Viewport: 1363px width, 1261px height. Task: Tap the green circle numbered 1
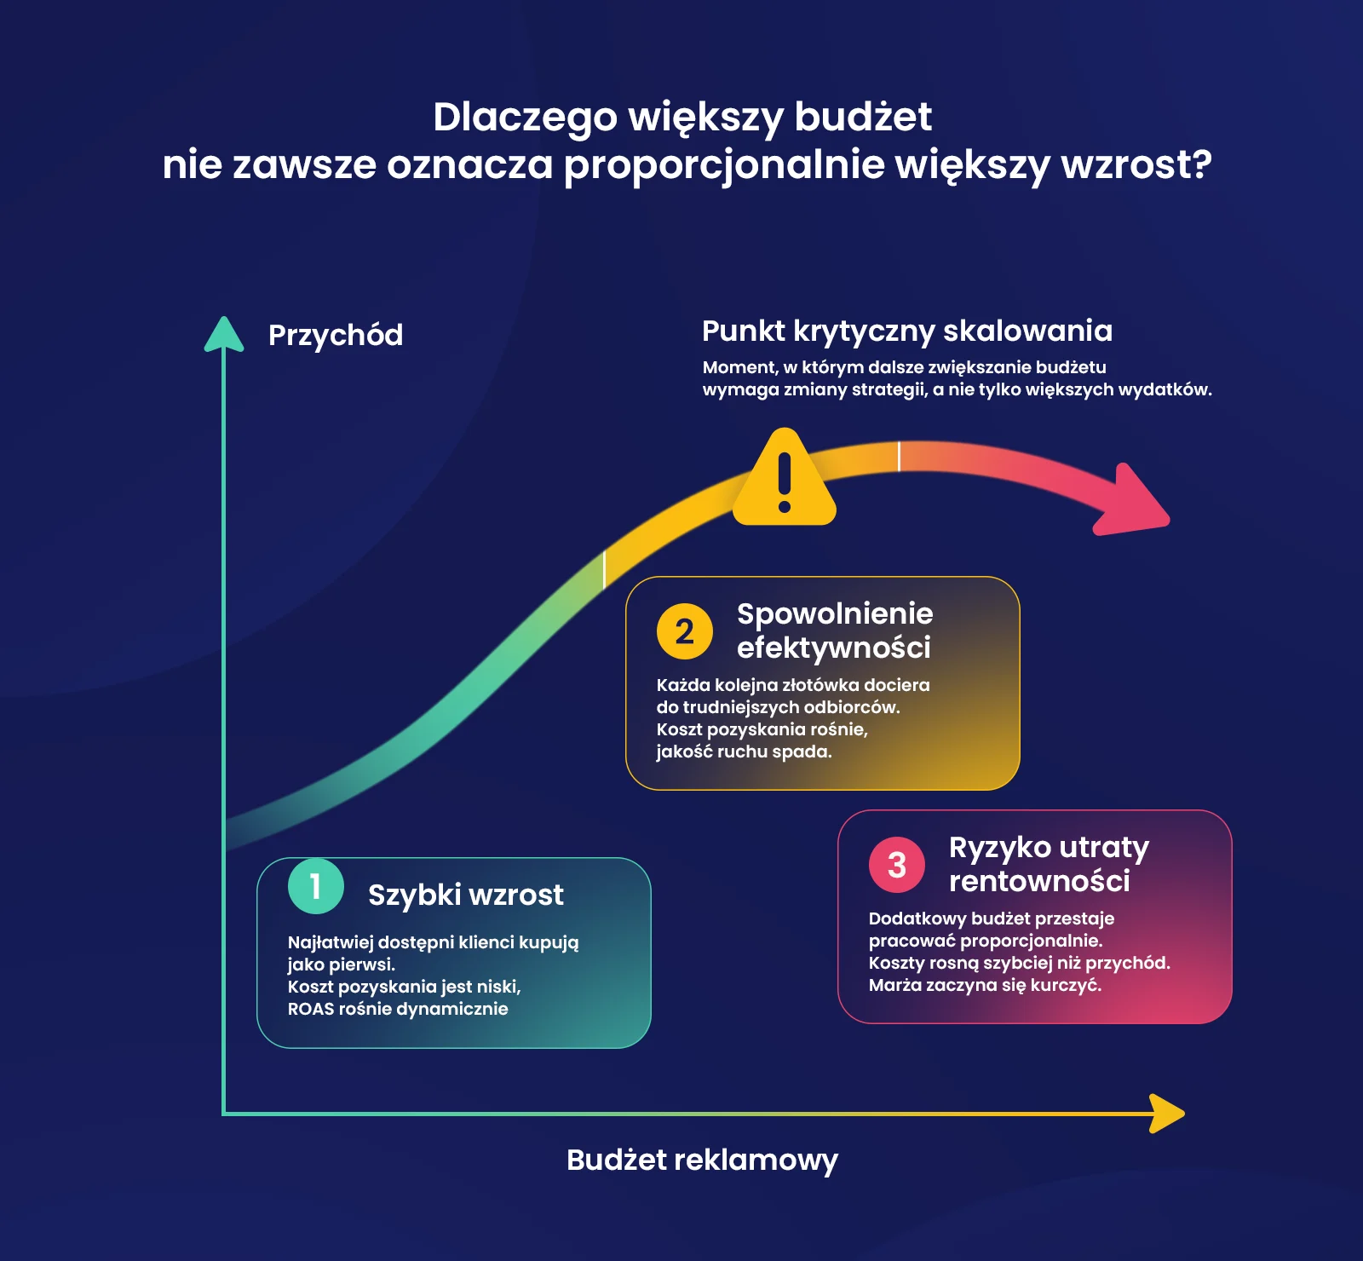click(316, 886)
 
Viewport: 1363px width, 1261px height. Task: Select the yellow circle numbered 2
click(685, 631)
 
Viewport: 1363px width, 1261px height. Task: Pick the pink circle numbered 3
click(897, 865)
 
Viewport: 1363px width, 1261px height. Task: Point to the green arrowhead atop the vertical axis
click(224, 334)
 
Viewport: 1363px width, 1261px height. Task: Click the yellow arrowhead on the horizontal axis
click(1167, 1114)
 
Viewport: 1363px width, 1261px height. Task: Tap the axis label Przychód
click(336, 335)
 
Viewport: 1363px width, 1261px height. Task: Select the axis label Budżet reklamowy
click(703, 1160)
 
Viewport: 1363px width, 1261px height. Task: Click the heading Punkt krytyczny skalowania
click(907, 331)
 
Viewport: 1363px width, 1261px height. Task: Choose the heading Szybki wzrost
click(466, 895)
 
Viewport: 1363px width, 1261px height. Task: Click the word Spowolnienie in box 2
click(835, 613)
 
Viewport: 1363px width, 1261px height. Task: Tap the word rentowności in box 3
click(1039, 881)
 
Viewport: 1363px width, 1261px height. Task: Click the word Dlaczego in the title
click(525, 118)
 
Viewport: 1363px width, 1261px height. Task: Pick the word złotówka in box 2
click(820, 685)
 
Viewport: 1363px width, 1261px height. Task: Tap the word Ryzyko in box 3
click(1000, 848)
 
